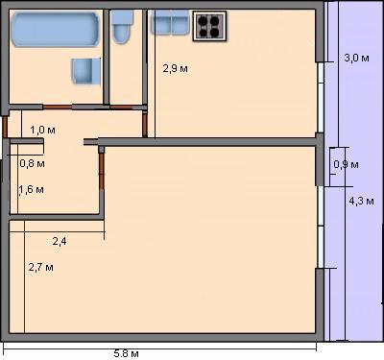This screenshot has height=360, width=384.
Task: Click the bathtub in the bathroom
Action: tap(55, 30)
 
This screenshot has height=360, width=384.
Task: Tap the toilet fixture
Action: tap(122, 27)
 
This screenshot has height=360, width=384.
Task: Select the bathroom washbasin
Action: tap(85, 71)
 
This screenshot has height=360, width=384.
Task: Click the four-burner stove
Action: tap(209, 26)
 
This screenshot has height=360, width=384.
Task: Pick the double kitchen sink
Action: tap(170, 22)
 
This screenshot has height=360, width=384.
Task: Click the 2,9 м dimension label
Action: tap(176, 68)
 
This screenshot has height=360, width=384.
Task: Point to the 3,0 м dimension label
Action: tap(356, 58)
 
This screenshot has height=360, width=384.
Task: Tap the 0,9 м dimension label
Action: tap(346, 164)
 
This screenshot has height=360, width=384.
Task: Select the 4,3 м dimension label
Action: tap(361, 201)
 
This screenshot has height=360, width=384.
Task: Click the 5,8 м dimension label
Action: tap(127, 353)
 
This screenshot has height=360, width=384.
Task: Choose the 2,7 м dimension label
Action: tap(41, 267)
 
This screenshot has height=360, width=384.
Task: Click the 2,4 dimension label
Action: tap(60, 241)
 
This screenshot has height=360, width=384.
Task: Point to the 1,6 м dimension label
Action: tap(32, 190)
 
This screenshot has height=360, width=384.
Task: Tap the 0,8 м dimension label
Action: tap(32, 163)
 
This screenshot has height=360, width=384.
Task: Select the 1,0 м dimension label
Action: tap(42, 130)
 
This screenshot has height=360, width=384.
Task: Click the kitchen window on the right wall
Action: tap(321, 97)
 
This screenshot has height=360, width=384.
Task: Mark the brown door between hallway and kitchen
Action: tap(145, 125)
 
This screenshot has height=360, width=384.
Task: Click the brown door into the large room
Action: tap(102, 172)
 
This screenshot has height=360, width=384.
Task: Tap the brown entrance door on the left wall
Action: tap(5, 127)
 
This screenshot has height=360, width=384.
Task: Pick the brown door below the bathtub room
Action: tap(58, 107)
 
